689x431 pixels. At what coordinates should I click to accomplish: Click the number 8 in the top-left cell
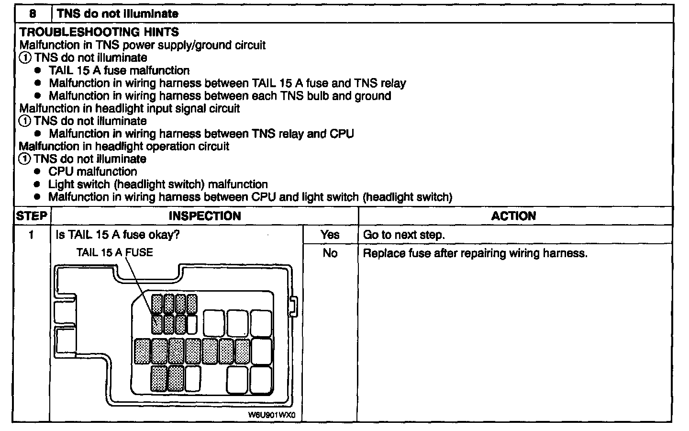coord(33,13)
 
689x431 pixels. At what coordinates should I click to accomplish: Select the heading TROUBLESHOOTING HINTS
coord(100,32)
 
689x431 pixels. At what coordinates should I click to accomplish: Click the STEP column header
coord(32,216)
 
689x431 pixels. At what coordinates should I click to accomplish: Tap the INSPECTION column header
coord(205,216)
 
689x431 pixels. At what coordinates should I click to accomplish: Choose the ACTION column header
coord(513,216)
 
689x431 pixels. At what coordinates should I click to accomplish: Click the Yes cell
coord(330,235)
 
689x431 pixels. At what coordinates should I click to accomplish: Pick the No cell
coord(330,253)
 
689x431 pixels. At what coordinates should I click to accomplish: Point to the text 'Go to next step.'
coord(404,235)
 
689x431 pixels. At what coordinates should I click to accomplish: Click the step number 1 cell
coord(32,235)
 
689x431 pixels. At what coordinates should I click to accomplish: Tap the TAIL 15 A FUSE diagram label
coord(115,252)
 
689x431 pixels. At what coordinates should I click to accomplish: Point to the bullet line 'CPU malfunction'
coord(92,171)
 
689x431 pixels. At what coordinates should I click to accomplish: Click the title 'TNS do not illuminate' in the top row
coord(118,13)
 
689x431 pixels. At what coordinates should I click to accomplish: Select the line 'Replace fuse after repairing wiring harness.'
coord(475,253)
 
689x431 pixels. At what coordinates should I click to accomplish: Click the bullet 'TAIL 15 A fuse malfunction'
coord(119,70)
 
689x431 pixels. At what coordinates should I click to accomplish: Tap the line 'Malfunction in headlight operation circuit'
coord(124,146)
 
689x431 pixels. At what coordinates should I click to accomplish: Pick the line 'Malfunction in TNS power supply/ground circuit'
coord(143,45)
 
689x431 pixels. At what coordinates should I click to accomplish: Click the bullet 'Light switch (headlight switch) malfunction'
coord(158,184)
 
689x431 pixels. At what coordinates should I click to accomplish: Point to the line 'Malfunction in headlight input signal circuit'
coord(130,108)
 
